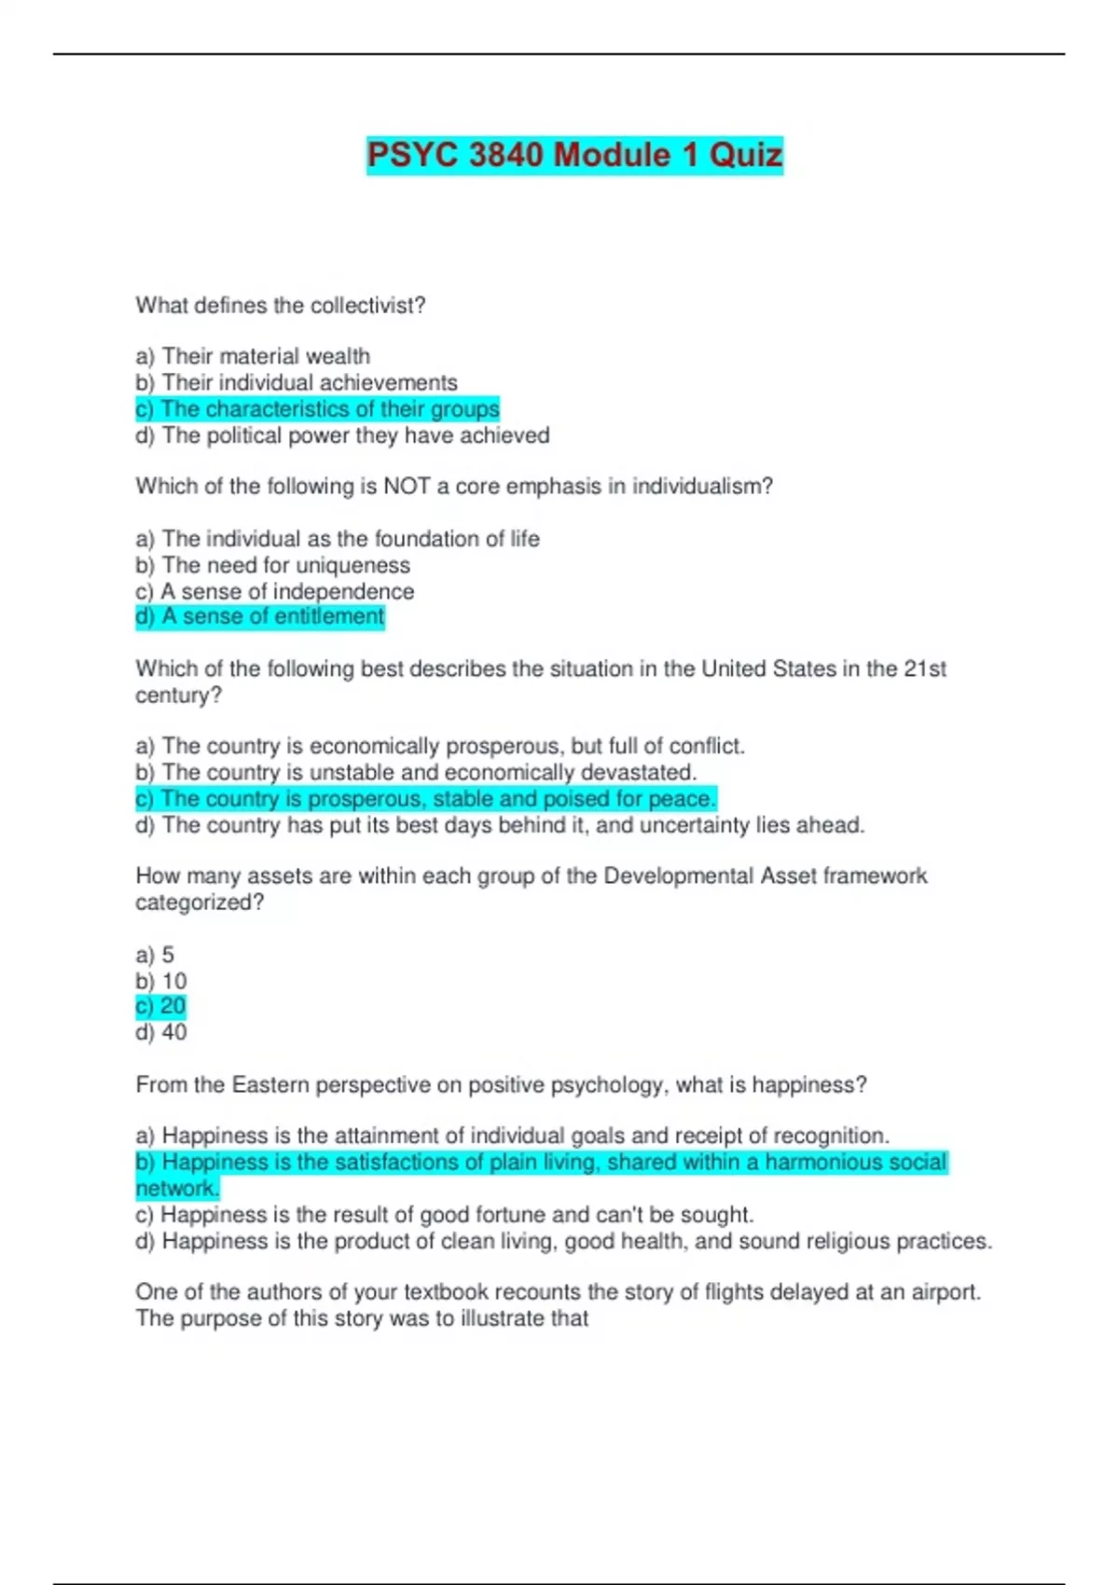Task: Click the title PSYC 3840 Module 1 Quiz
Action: pos(574,155)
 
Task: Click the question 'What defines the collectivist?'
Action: pos(281,306)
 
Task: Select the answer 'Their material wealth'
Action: pos(254,356)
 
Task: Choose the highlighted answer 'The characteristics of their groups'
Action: pos(318,409)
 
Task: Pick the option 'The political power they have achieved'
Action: pos(343,435)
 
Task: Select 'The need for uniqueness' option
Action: pos(273,565)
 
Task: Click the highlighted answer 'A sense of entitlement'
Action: pos(260,616)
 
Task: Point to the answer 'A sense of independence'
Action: pos(275,591)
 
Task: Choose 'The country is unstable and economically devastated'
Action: pos(416,772)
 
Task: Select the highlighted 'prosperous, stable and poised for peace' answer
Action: pos(426,799)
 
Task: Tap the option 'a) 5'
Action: pos(155,955)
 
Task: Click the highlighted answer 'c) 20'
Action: pos(161,1006)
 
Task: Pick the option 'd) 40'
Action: pos(161,1032)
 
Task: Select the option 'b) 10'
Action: pos(161,981)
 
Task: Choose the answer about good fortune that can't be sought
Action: pos(445,1215)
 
